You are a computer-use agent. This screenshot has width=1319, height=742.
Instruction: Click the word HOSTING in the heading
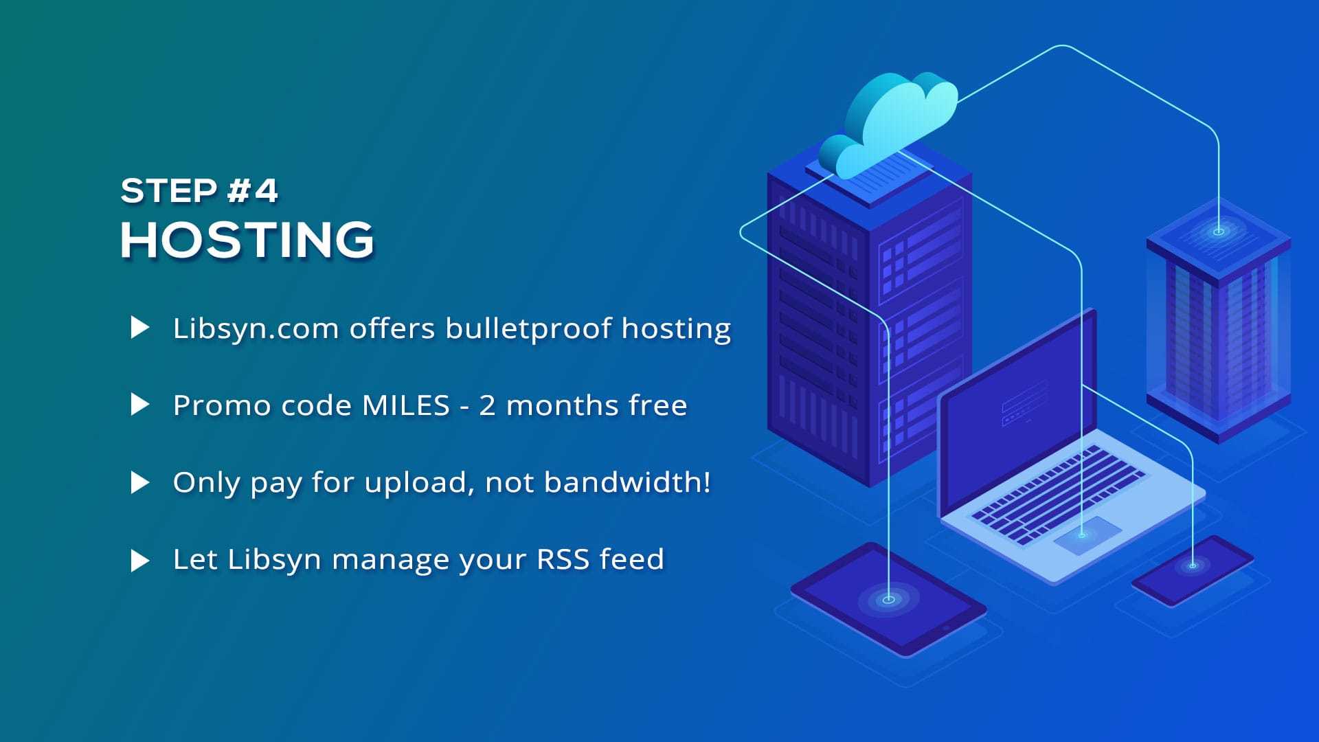pyautogui.click(x=247, y=240)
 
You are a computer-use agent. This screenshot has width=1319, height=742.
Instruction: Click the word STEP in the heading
pyautogui.click(x=169, y=190)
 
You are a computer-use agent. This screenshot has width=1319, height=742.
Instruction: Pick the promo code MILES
pyautogui.click(x=405, y=405)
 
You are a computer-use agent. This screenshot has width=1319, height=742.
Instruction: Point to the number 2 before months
pyautogui.click(x=487, y=405)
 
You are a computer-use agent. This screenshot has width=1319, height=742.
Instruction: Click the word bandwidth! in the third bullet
pyautogui.click(x=627, y=482)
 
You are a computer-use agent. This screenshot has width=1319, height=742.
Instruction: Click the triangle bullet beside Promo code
pyautogui.click(x=139, y=405)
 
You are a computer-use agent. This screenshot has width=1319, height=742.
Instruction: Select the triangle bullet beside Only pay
pyautogui.click(x=139, y=482)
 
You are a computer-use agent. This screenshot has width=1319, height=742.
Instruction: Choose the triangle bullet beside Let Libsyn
pyautogui.click(x=139, y=560)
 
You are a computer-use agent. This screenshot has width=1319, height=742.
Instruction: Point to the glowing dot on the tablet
pyautogui.click(x=888, y=599)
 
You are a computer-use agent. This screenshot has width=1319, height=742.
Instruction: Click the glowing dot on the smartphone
pyautogui.click(x=1193, y=565)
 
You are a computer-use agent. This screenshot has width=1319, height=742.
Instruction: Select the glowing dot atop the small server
pyautogui.click(x=1219, y=232)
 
